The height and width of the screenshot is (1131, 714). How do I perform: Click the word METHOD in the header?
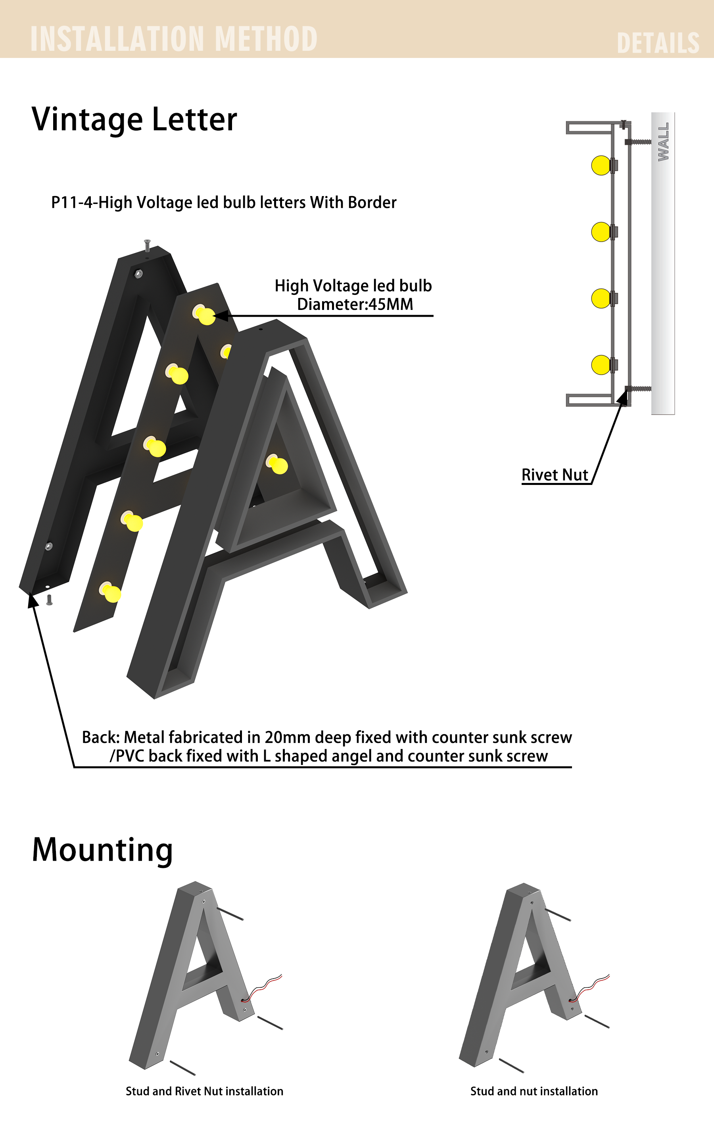click(266, 38)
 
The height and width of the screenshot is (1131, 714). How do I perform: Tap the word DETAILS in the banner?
click(658, 43)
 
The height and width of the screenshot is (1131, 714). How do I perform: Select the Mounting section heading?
click(102, 850)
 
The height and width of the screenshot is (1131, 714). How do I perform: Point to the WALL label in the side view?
click(663, 142)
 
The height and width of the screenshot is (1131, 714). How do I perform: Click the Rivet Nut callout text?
click(555, 475)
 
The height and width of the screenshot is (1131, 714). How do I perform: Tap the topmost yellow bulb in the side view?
click(601, 165)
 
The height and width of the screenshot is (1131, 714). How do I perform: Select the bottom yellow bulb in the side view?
click(601, 365)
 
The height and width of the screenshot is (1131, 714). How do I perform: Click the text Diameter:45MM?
click(355, 304)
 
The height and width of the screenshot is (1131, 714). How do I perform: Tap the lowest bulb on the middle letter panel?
click(110, 592)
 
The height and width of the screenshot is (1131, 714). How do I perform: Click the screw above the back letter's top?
click(147, 246)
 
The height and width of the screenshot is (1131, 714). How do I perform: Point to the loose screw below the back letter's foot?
click(49, 600)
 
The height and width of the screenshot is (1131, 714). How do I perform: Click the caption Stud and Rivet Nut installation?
click(205, 1091)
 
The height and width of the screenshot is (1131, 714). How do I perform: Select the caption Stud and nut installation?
click(534, 1091)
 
